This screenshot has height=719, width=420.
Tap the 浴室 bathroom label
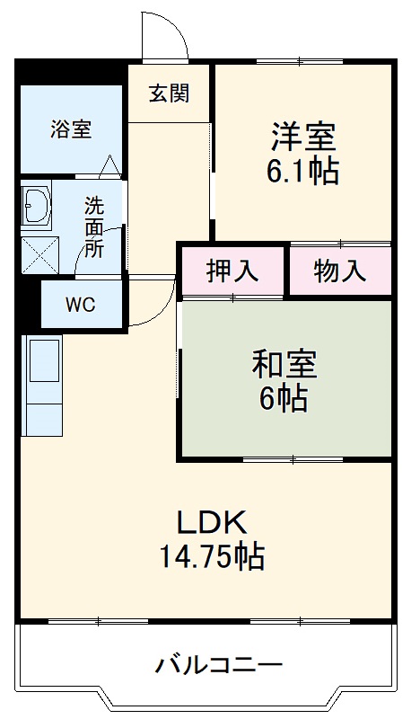coord(70,129)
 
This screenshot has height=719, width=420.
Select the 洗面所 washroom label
coord(94,226)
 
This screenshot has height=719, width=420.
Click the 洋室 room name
coord(303,137)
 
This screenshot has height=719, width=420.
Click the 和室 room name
coord(284,365)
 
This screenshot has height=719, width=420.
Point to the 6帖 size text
coord(284,397)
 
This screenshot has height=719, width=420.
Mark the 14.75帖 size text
coord(212,557)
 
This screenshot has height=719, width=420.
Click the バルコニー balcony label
coord(220,666)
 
